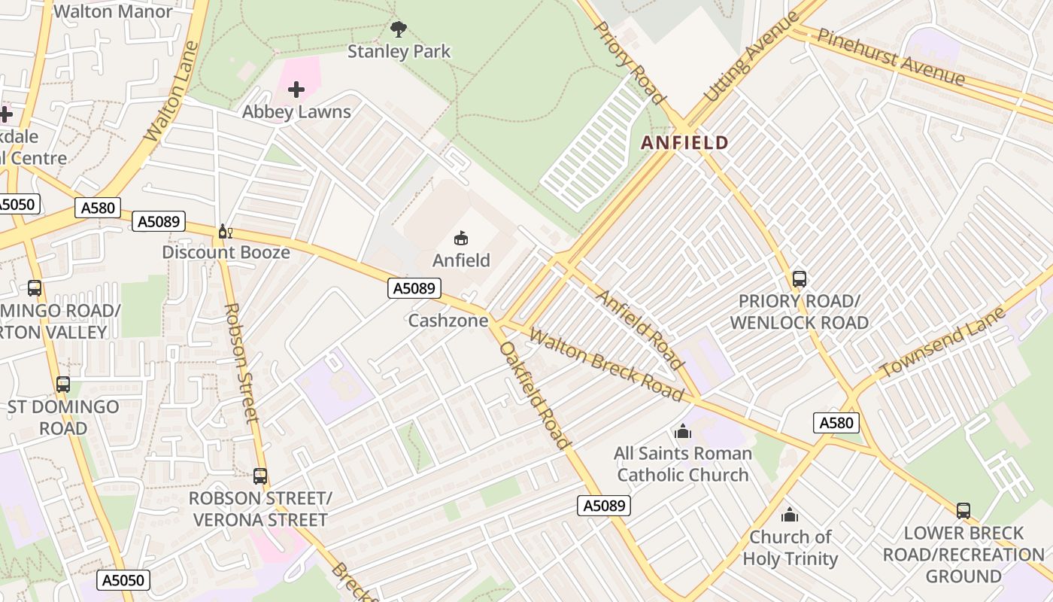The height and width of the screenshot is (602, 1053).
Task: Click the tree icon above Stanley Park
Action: pyautogui.click(x=399, y=29)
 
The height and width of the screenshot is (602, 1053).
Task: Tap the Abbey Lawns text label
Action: pyautogui.click(x=296, y=112)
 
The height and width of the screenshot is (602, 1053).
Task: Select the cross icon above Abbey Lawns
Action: pyautogui.click(x=296, y=90)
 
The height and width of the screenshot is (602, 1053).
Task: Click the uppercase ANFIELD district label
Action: pyautogui.click(x=684, y=142)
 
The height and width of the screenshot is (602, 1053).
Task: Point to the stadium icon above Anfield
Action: pyautogui.click(x=461, y=239)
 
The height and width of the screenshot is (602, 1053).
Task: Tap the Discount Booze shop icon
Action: pyautogui.click(x=223, y=231)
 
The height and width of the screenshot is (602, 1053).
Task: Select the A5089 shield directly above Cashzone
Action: pyautogui.click(x=414, y=287)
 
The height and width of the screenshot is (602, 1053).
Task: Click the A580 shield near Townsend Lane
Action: pyautogui.click(x=836, y=423)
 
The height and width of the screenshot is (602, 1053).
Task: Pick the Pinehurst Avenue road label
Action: pyautogui.click(x=891, y=57)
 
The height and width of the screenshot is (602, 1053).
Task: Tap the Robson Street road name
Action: pyautogui.click(x=241, y=363)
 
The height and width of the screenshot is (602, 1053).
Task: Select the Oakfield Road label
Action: pyautogui.click(x=533, y=394)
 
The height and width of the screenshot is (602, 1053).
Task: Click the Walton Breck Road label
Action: pyautogui.click(x=606, y=364)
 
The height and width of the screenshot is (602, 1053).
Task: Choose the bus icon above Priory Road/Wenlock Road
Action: pyautogui.click(x=799, y=279)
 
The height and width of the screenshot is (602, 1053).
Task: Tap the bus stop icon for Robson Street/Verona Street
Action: pyautogui.click(x=259, y=476)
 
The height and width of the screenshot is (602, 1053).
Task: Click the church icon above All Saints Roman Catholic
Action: pyautogui.click(x=682, y=432)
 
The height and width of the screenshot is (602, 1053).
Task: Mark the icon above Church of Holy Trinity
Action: pyautogui.click(x=789, y=515)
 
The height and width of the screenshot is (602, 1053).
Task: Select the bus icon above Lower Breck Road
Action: pyautogui.click(x=963, y=511)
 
